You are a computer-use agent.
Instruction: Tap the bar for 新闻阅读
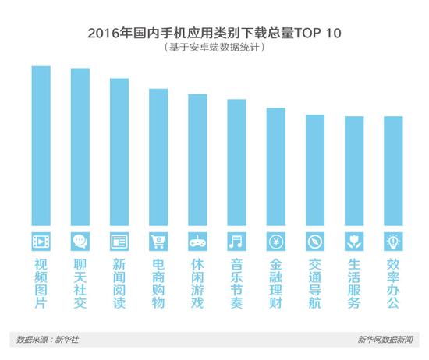tap(119, 153)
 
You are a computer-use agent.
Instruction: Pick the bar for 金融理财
tap(275, 168)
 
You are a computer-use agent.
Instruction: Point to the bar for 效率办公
tap(393, 171)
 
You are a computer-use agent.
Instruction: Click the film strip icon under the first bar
tap(41, 239)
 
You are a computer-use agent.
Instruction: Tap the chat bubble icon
tap(80, 239)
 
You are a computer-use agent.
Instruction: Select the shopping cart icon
tap(158, 239)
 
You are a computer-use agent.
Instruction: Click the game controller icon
tap(197, 239)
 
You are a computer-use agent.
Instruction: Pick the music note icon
tap(236, 239)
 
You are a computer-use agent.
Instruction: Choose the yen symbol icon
tap(275, 239)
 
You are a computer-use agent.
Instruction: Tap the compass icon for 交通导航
tap(314, 239)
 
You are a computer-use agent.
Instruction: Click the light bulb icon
tap(393, 239)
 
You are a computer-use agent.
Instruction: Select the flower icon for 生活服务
tap(353, 239)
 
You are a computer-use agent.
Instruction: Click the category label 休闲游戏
tap(197, 283)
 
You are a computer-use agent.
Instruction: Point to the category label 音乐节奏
tap(236, 283)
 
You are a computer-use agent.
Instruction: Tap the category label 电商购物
tap(158, 283)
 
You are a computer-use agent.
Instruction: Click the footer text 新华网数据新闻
tap(388, 340)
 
